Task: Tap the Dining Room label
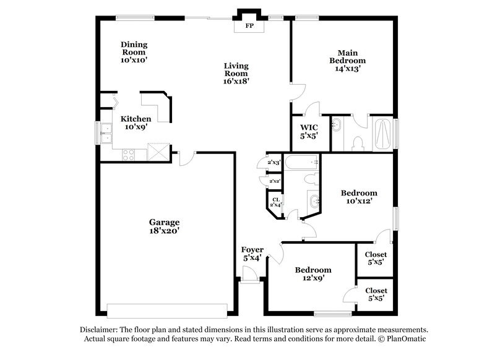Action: pyautogui.click(x=134, y=53)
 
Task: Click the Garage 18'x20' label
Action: pyautogui.click(x=164, y=226)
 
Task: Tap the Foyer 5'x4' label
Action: pyautogui.click(x=252, y=254)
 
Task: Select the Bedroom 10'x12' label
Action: pyautogui.click(x=359, y=197)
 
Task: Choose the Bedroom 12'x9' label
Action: pyautogui.click(x=312, y=274)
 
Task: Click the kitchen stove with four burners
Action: pyautogui.click(x=129, y=154)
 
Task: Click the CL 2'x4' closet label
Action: pyautogui.click(x=275, y=202)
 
